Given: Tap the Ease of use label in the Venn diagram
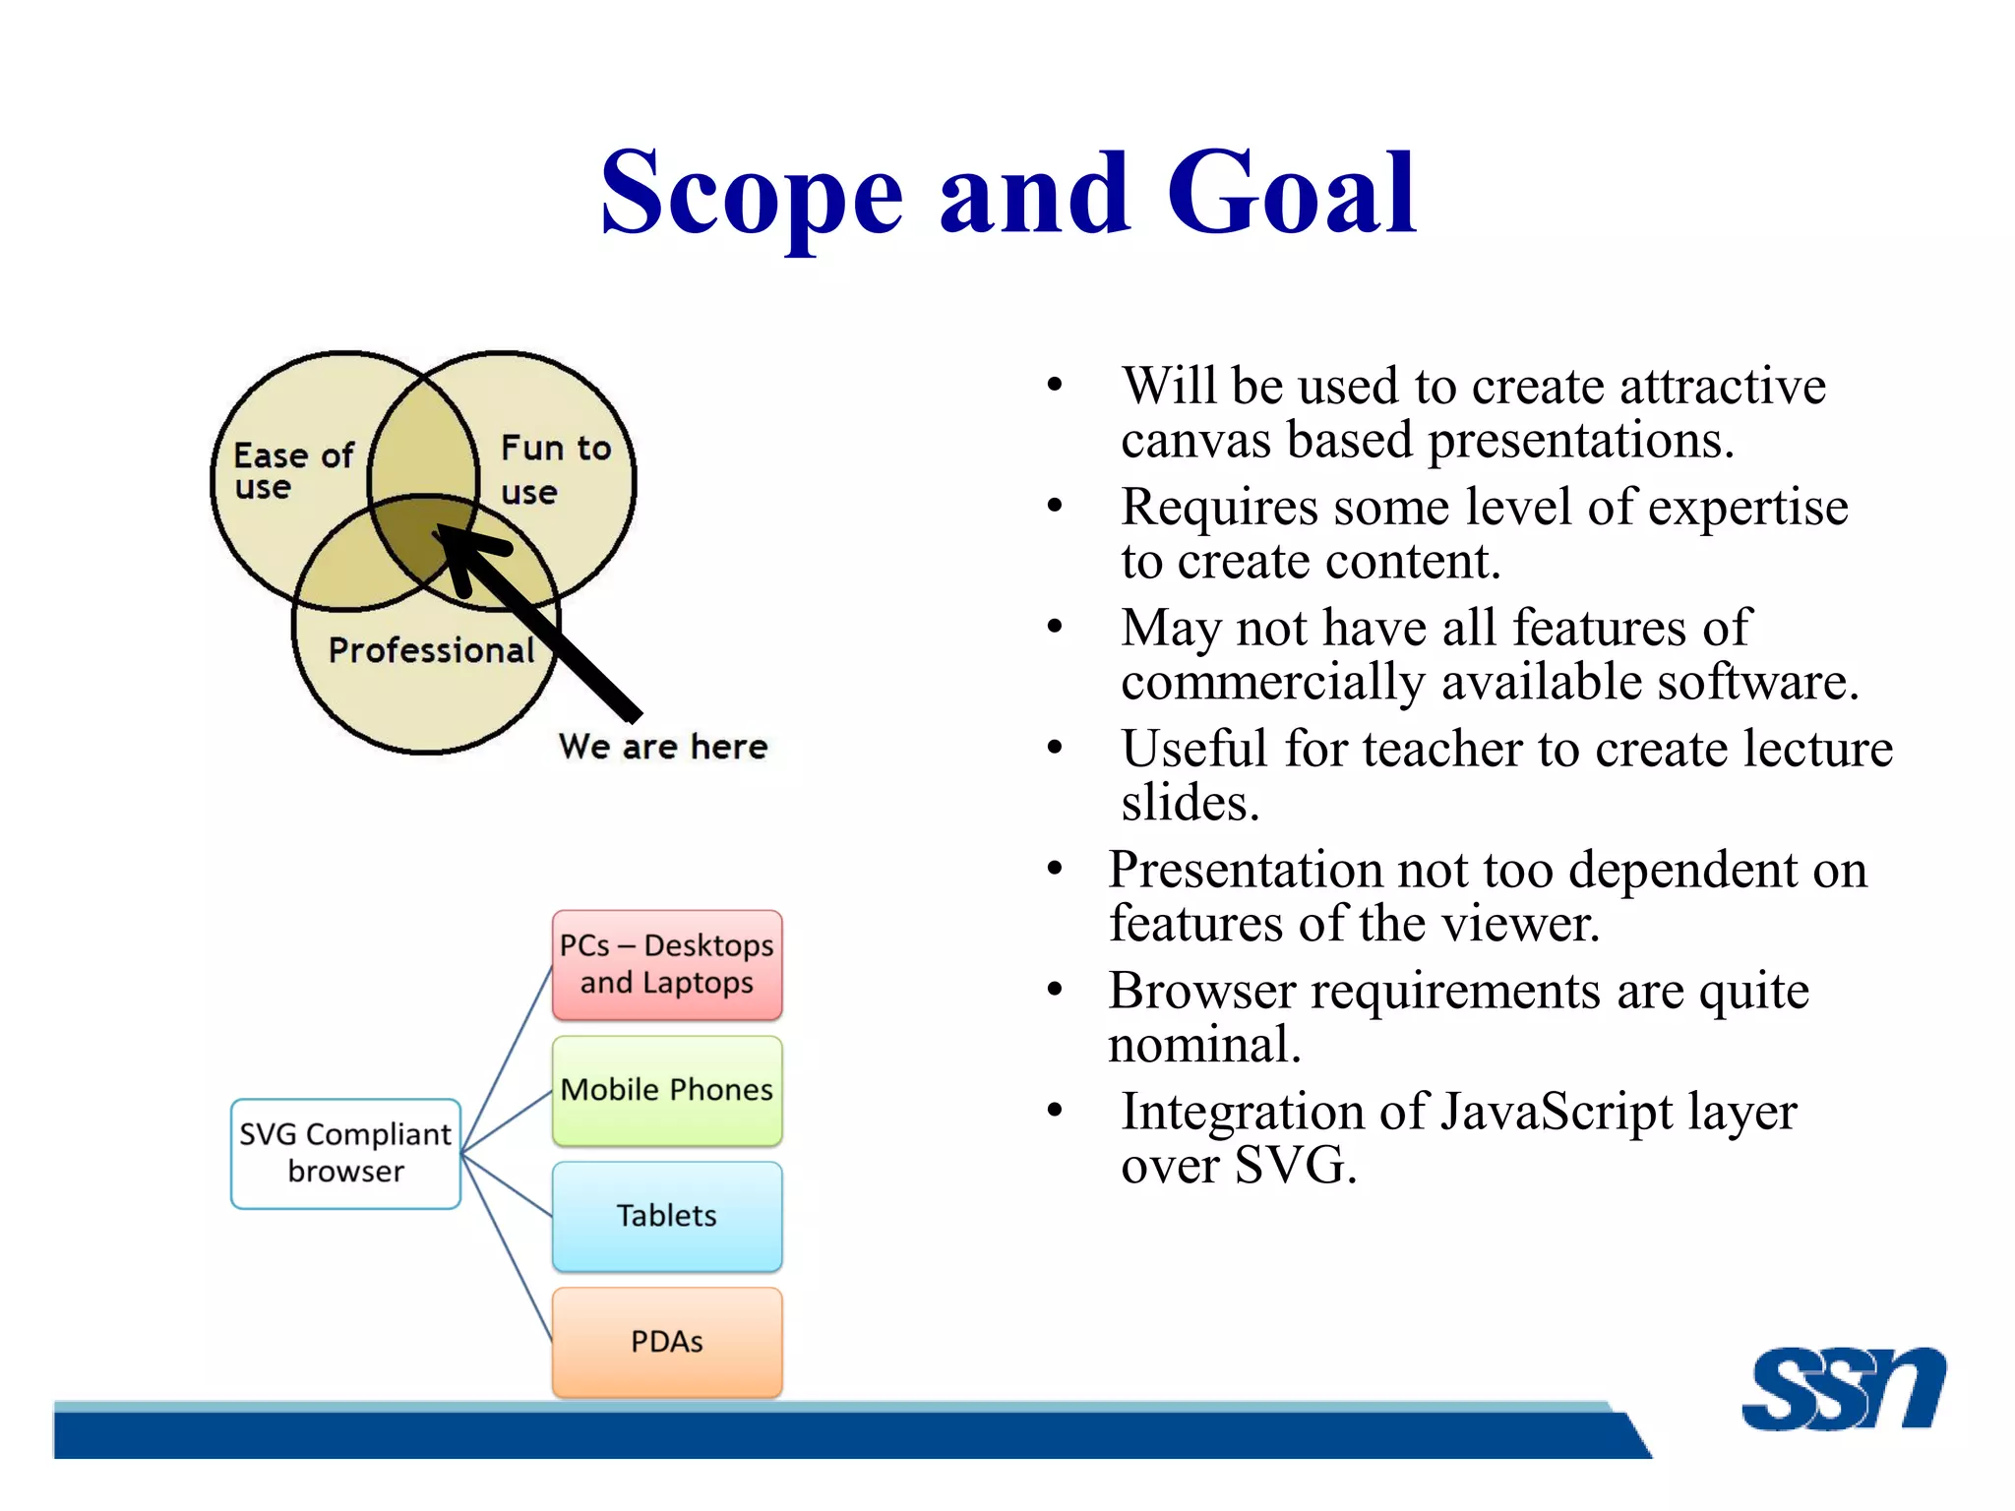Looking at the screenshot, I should [x=292, y=470].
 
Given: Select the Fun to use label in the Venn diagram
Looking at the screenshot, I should [x=555, y=468].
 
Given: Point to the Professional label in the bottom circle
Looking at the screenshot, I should [x=431, y=650].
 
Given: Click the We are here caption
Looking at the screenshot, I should [x=662, y=747].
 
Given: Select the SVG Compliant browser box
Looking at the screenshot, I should [x=345, y=1153].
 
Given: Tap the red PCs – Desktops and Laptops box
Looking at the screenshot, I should [x=667, y=964].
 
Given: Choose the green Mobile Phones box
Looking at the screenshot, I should [x=667, y=1090].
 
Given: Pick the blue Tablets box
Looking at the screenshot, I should [x=667, y=1216].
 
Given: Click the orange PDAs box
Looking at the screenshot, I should [x=667, y=1342].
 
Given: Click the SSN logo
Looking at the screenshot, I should [x=1843, y=1389].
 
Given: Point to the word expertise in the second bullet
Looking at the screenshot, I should [x=1747, y=508].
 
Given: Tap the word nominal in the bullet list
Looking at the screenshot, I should [x=1202, y=1046].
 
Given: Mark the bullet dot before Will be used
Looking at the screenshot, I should [x=1055, y=385].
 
